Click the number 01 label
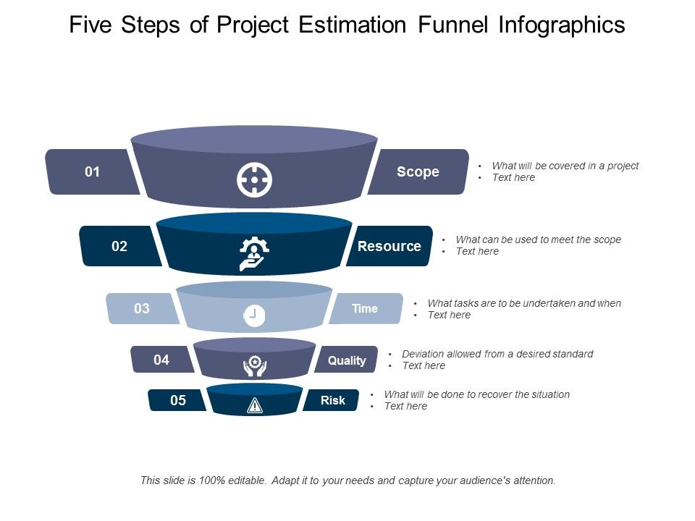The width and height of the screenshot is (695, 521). point(92,172)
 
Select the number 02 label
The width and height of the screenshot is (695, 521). point(119,247)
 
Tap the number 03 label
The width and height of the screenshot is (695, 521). point(142,309)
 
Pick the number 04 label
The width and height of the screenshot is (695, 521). point(161,360)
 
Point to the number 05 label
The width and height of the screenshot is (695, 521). point(178,400)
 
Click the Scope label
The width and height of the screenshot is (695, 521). point(418,172)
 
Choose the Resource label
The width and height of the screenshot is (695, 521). point(389,247)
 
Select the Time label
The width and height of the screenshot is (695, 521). point(365,309)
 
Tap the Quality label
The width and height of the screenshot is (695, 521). point(347,360)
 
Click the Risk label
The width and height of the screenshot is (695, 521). point(333,400)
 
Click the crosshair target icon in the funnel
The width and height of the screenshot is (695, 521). point(254,179)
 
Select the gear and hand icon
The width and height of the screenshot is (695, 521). point(254,253)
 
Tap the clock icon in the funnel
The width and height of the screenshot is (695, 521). point(254,315)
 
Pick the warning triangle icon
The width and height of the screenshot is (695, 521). point(255,405)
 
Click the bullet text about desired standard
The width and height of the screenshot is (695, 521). point(497,354)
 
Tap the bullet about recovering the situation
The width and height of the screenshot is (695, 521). point(476,394)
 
